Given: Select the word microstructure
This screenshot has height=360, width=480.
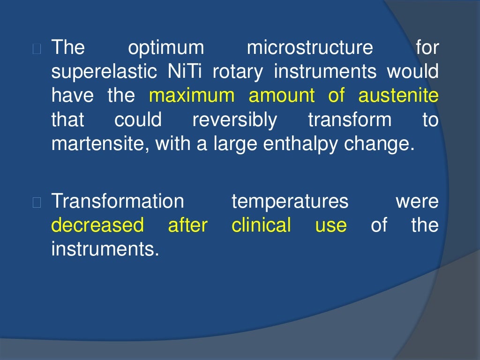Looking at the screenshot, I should tap(310, 48).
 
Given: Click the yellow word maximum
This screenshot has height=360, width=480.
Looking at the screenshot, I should tap(192, 96).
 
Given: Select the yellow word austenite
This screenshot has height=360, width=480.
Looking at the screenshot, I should tap(398, 96).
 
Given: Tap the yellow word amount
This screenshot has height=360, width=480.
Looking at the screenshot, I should tap(282, 96).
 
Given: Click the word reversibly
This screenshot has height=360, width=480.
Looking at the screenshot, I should tap(235, 120).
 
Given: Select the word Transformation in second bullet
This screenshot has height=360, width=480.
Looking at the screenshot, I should tap(118, 202).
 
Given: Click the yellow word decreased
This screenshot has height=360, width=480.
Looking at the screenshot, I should tap(97, 225).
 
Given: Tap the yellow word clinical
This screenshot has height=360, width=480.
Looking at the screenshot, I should tap(261, 225).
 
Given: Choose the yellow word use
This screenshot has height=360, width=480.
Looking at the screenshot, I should tap(331, 226).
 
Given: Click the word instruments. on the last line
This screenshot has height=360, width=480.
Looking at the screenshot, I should tap(105, 249).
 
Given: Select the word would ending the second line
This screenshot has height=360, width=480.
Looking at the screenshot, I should tap(412, 72).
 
